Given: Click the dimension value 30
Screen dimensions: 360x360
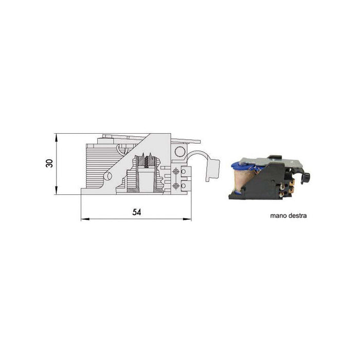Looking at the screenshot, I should point(49,164).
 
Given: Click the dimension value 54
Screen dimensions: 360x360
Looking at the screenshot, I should point(136,211).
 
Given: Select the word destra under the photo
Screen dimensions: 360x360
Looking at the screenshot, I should point(298,216).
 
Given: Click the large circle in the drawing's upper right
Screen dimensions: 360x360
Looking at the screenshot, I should point(180,152).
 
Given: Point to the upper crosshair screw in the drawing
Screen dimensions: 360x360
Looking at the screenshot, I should point(176,171).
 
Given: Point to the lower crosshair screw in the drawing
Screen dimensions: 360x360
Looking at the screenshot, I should point(176,185).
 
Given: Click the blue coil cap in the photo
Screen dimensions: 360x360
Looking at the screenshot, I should point(238,165).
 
